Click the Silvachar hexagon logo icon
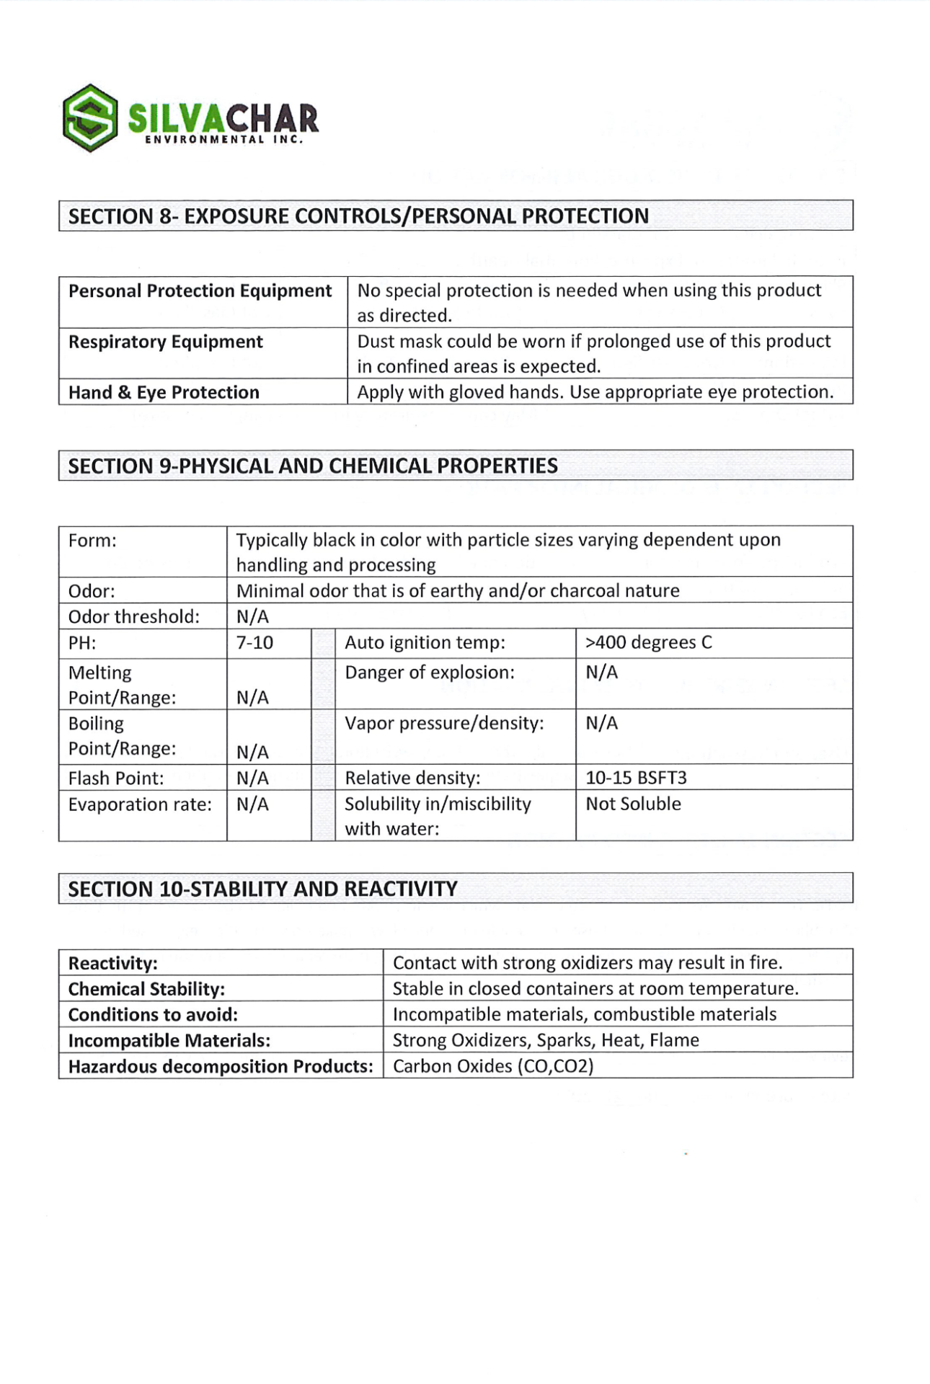coord(90,117)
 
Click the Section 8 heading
coord(358,216)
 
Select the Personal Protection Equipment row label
coord(200,291)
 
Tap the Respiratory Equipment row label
coord(165,342)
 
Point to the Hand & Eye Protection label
coord(164,392)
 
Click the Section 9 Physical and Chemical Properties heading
coord(313,466)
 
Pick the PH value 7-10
coord(254,642)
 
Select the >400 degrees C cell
coord(648,642)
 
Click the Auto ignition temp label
coord(425,642)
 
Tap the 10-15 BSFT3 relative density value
coord(636,778)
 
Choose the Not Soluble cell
coord(633,804)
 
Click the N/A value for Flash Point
coord(252,778)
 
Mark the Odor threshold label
coord(133,617)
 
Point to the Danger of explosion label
coord(430,673)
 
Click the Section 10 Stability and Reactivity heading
coord(262,889)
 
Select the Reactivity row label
coord(113,963)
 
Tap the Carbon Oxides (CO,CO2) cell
coord(493,1066)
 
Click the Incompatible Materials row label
coord(169,1040)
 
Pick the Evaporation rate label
coord(140,804)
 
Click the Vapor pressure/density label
coord(444,723)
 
